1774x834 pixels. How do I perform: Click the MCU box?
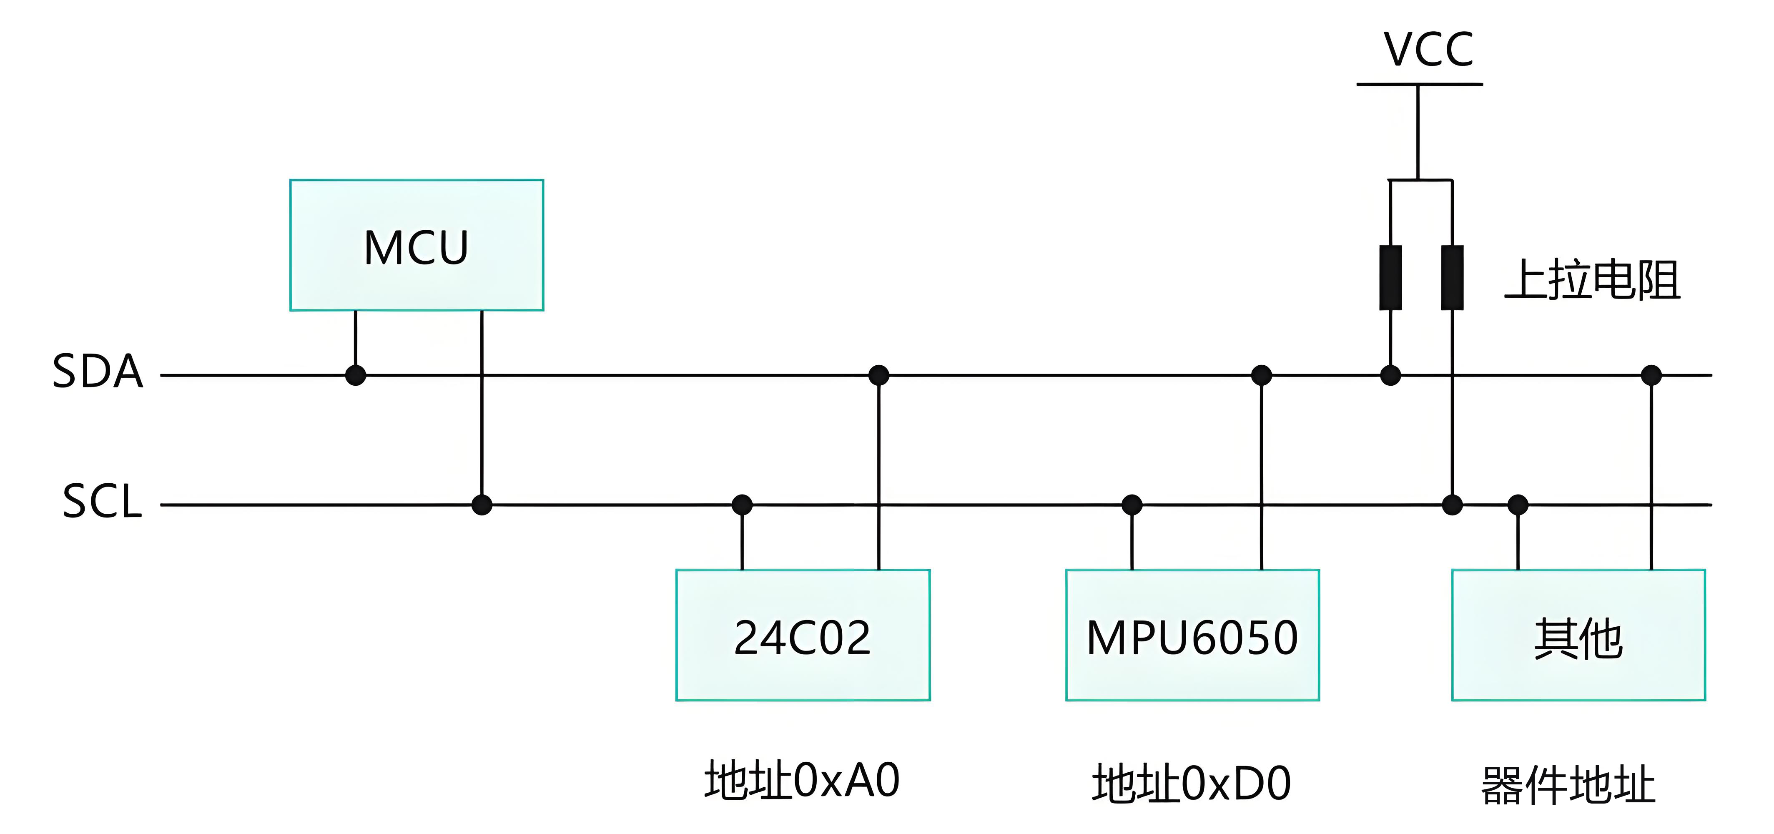pos(417,245)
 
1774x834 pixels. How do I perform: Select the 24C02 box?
pos(803,635)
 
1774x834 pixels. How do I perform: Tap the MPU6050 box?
pos(1192,635)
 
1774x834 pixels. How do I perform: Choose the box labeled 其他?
pos(1578,635)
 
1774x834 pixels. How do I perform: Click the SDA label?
pos(98,372)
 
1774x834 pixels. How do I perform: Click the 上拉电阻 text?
pos(1592,280)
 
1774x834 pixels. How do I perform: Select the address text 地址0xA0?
pos(802,780)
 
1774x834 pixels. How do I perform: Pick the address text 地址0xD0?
pos(1192,784)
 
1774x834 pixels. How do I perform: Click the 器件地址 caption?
pos(1568,785)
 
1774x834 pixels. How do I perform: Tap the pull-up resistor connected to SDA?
pos(1390,278)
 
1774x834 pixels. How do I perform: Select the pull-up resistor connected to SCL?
pos(1453,278)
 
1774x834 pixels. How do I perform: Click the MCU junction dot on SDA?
pos(355,375)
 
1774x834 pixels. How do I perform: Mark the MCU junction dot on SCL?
pos(482,505)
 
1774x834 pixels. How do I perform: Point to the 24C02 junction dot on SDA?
pos(879,375)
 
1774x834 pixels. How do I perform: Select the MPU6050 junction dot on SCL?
pos(1132,505)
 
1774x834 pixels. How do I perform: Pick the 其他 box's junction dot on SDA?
pos(1651,375)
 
